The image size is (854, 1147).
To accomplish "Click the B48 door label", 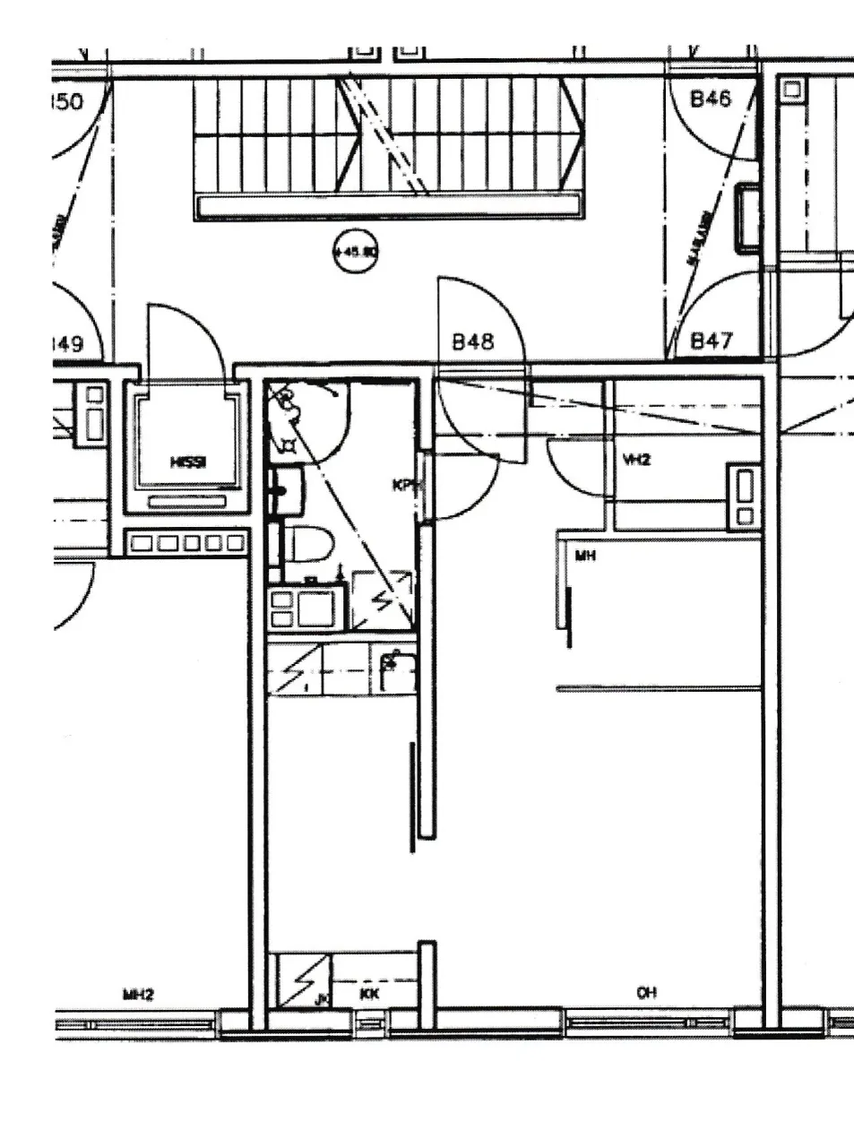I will (x=473, y=341).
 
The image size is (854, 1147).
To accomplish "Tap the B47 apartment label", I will (x=712, y=341).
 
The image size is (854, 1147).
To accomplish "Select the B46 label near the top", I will (x=711, y=99).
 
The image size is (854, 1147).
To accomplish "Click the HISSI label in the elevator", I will (x=188, y=462).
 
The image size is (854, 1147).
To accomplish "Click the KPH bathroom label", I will (x=404, y=486).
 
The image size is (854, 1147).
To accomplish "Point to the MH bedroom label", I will (x=585, y=556).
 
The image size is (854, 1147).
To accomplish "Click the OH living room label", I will (x=646, y=993).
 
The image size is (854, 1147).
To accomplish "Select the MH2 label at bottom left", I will (x=139, y=994).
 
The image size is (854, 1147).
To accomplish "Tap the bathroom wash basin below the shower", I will (x=287, y=491).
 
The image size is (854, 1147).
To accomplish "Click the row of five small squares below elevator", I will (x=185, y=543).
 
